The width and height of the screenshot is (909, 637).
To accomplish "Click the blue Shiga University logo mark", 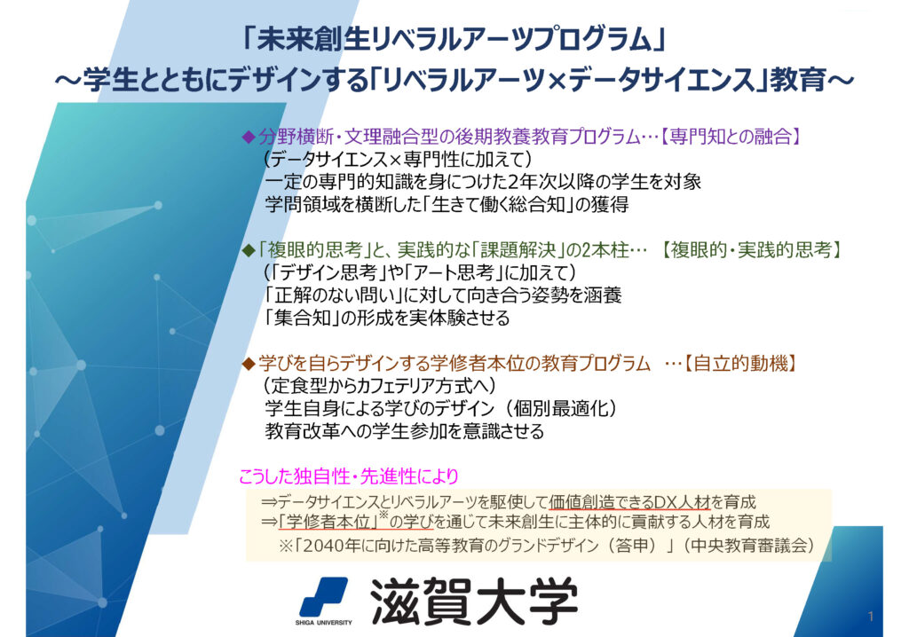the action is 323,597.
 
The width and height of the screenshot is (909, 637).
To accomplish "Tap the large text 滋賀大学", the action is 474,602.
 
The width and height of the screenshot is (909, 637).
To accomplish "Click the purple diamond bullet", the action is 249,138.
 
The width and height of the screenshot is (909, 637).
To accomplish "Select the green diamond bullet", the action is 249,251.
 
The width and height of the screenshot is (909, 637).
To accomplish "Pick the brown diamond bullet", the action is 249,364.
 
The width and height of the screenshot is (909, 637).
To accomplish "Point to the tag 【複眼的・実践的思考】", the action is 751,250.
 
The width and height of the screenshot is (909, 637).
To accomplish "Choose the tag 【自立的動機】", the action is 739,364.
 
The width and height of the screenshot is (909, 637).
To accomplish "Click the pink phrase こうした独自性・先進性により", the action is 349,476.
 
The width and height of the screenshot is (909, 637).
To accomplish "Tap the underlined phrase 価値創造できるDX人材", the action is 629,502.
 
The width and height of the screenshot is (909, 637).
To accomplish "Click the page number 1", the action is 871,616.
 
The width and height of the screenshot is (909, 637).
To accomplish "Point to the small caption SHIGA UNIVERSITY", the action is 323,623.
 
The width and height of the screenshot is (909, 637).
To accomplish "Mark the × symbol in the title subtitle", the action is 556,81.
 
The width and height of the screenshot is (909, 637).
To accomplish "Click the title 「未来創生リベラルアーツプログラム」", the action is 454,39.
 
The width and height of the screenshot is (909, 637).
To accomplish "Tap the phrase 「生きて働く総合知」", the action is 499,205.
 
